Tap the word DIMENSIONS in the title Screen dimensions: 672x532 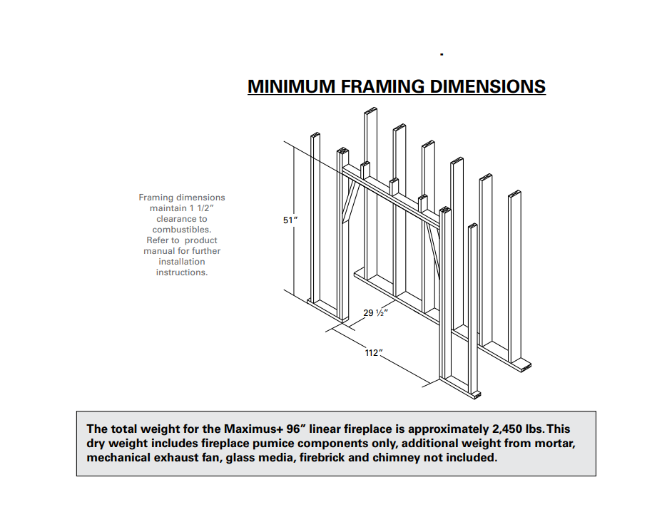click(x=488, y=87)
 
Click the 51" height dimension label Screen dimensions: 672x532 click(x=290, y=220)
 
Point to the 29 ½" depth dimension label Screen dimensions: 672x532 click(x=376, y=313)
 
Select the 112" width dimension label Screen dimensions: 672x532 click(x=373, y=353)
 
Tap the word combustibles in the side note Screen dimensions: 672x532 click(x=181, y=230)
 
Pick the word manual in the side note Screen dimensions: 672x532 click(x=159, y=251)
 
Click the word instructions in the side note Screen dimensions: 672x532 click(x=182, y=272)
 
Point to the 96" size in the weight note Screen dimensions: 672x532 click(x=295, y=429)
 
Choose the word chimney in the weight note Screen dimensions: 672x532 click(x=397, y=458)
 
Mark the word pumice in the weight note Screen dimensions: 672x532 click(x=308, y=444)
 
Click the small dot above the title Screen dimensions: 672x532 click(x=442, y=54)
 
